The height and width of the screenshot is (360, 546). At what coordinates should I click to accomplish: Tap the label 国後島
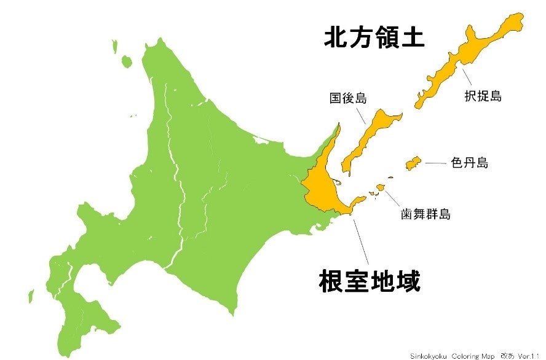pos(347,98)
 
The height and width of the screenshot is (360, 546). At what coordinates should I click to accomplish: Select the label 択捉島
pos(483,96)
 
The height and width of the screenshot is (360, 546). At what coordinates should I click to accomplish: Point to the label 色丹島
pos(469,163)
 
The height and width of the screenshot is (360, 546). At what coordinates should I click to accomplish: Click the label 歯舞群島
pos(425,215)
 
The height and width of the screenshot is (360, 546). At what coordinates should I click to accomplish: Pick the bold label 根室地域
pos(370,282)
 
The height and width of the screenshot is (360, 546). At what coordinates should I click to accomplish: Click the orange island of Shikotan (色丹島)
pos(412,163)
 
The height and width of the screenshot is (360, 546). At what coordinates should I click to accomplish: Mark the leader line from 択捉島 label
pos(468,77)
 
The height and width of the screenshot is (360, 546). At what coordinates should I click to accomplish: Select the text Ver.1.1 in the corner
pos(529,356)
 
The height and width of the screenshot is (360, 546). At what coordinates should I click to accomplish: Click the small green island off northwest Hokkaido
pos(127,61)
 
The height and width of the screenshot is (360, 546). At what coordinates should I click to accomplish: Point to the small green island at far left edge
pos(31,296)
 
